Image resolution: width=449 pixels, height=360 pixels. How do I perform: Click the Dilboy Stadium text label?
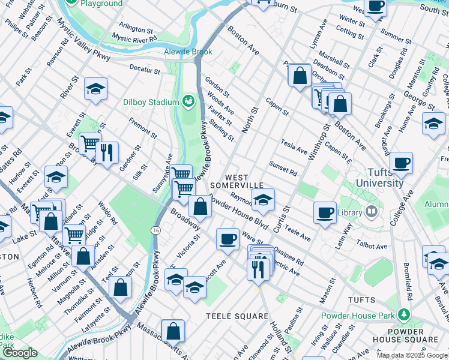click(151, 102)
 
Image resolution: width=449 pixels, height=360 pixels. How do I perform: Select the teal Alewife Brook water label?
click(188, 52)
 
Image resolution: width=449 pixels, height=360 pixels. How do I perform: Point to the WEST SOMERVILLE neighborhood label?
click(244, 181)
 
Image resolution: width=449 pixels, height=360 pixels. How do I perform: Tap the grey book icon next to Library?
click(372, 212)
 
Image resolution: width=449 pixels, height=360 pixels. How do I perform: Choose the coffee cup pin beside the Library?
click(325, 212)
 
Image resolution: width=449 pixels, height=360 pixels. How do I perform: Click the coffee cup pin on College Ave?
click(401, 162)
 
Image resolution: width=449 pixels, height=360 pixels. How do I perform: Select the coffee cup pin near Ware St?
click(228, 239)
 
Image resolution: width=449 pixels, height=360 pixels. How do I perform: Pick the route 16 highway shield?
click(156, 230)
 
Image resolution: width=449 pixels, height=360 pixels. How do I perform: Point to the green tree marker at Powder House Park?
click(404, 315)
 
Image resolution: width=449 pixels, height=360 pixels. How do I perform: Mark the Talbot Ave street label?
click(372, 246)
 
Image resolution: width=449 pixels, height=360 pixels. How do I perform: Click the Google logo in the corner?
click(20, 353)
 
